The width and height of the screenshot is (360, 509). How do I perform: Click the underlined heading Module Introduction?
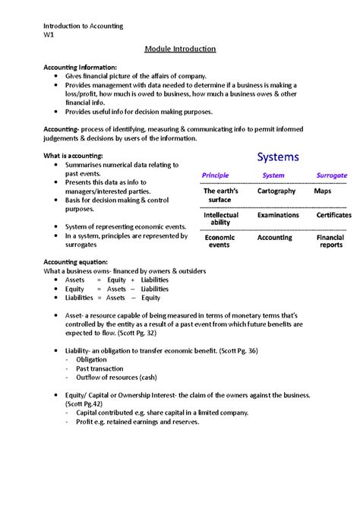tap(180, 49)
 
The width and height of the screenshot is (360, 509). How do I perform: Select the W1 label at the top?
tap(49, 35)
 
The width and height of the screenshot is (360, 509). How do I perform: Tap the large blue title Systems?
tap(277, 157)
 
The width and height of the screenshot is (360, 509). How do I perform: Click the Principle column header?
tap(215, 175)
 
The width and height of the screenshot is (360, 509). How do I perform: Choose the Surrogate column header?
tap(330, 175)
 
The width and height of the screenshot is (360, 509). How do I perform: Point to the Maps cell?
tap(322, 191)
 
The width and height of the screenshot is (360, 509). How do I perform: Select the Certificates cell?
tap(333, 215)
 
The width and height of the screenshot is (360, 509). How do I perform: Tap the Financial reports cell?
tap(330, 242)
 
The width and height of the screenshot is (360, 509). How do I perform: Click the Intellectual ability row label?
tap(220, 219)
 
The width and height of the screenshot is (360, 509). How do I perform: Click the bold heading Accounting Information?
tap(81, 67)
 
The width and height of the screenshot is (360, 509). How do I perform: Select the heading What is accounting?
tap(74, 155)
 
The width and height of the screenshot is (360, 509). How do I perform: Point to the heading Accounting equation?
tap(77, 261)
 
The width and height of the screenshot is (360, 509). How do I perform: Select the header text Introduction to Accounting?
tap(83, 26)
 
